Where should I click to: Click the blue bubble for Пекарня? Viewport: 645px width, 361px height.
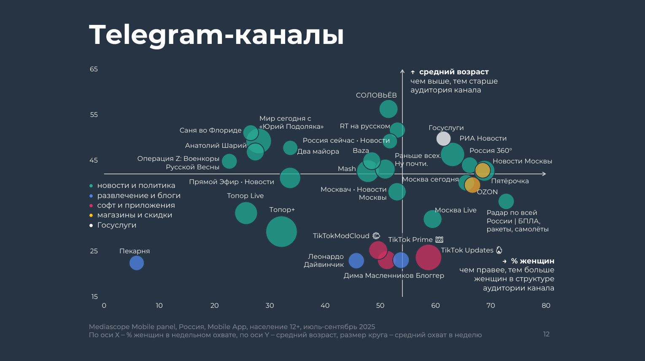(x=136, y=263)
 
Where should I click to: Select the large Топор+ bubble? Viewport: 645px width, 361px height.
(x=281, y=231)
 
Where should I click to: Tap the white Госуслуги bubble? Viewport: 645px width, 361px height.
(x=443, y=138)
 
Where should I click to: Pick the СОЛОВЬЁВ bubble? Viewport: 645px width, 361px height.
(x=389, y=109)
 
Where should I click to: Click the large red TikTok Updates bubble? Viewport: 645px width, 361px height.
(x=428, y=257)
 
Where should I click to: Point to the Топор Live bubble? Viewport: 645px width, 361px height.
(x=246, y=213)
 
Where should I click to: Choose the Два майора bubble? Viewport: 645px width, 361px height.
(x=290, y=148)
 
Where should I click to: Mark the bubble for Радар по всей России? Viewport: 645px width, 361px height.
(x=506, y=201)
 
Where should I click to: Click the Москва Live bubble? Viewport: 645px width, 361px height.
(x=432, y=219)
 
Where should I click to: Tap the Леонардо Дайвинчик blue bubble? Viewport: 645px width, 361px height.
(x=356, y=261)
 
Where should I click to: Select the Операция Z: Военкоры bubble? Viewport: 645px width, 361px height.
(x=229, y=161)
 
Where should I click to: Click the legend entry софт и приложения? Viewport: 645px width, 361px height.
(x=136, y=205)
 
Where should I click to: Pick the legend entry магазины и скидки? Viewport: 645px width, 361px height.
(x=135, y=215)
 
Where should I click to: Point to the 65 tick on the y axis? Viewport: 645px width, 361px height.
(x=94, y=69)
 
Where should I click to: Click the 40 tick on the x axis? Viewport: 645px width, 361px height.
(x=325, y=305)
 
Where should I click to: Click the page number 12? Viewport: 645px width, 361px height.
(x=546, y=334)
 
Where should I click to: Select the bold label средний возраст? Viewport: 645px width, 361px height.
(x=453, y=72)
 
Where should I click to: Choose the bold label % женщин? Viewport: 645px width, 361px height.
(x=532, y=261)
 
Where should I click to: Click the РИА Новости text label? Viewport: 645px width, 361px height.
(x=483, y=138)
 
